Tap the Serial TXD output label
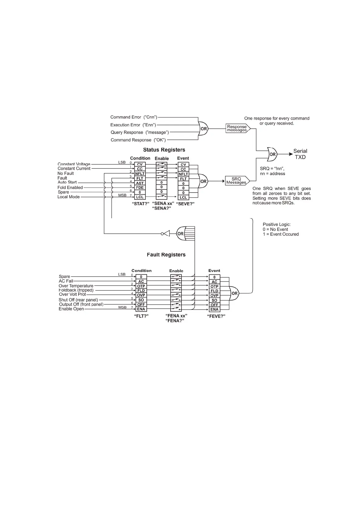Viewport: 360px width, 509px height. pos(300,154)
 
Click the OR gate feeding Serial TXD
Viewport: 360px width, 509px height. pos(272,154)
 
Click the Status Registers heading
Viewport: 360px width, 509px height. pos(164,150)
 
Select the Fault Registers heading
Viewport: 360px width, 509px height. pos(166,255)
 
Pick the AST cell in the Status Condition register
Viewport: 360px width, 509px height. pos(140,183)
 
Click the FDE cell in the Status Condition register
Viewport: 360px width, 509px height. pos(140,188)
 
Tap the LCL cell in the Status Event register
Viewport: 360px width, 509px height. pos(183,197)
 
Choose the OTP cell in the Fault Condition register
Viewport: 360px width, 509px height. pos(141,286)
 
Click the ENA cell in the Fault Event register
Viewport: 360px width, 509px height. pos(214,310)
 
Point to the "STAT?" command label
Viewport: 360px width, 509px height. pos(141,204)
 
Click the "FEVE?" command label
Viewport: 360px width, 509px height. pos(216,316)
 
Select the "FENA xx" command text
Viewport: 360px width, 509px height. pos(176,316)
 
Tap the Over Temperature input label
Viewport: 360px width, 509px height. pos(76,286)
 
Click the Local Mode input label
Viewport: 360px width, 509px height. pos(69,197)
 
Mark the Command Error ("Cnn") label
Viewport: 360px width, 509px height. pos(134,117)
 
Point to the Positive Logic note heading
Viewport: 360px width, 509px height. pos(277,225)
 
